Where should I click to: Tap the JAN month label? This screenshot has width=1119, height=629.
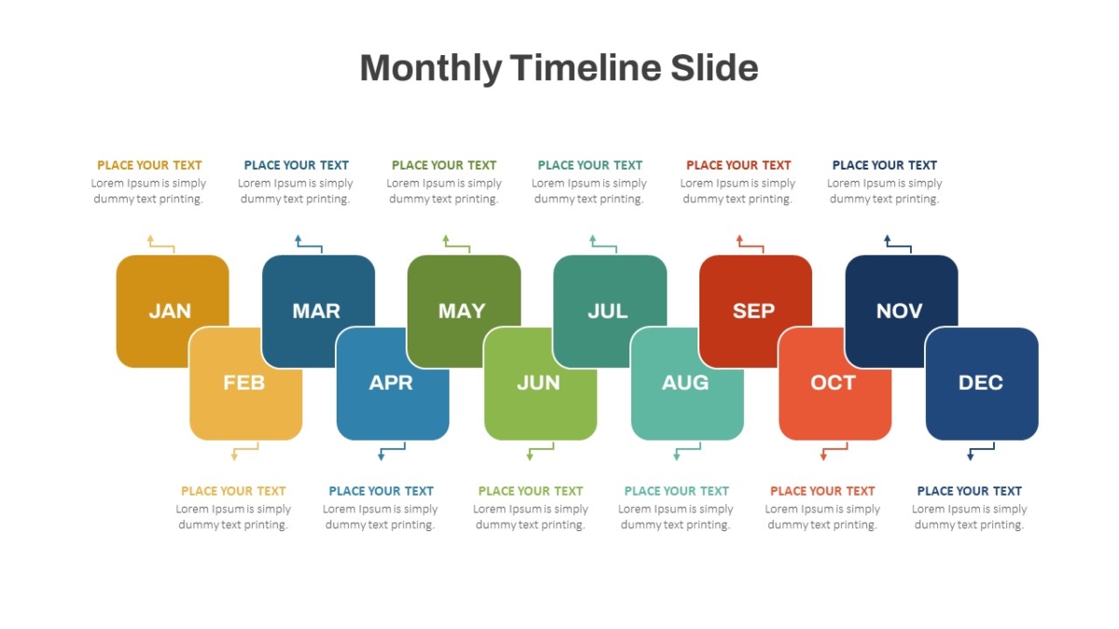point(170,311)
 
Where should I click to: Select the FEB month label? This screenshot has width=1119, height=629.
point(243,383)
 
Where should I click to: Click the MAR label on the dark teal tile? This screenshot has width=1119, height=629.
point(316,311)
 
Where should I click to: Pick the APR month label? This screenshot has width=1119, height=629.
point(391,383)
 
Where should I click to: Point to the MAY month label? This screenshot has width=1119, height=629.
point(462,311)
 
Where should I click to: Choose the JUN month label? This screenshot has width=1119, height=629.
point(538,383)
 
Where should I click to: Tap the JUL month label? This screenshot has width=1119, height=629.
point(607,311)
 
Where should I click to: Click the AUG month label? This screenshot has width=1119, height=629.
point(685,383)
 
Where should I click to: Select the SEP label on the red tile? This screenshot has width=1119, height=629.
point(753,311)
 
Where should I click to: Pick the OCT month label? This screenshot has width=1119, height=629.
point(833,383)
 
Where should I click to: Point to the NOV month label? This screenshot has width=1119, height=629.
point(899,311)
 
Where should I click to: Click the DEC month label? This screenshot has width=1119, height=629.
point(980,383)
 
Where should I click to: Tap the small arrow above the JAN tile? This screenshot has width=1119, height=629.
point(159,245)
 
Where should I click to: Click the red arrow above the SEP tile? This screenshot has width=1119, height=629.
point(750,245)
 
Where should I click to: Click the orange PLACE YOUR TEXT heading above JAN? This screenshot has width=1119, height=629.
point(149,165)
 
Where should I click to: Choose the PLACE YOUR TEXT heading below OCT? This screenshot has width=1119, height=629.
point(822,491)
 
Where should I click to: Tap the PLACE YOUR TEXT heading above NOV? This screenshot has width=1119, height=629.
point(884,165)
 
